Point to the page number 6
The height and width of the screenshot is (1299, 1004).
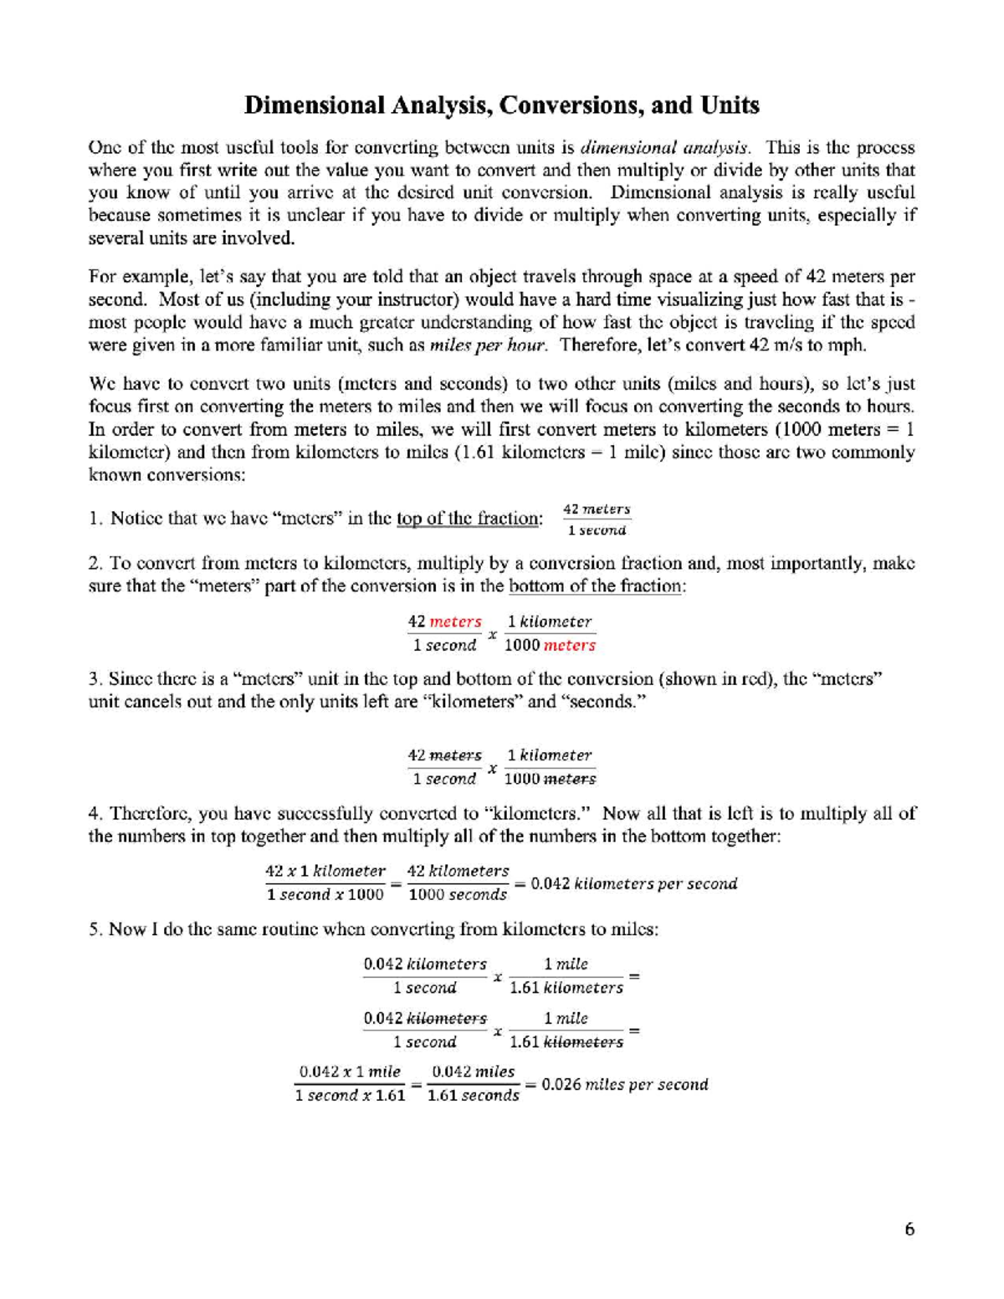click(909, 1229)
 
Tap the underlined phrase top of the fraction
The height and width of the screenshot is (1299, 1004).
click(469, 519)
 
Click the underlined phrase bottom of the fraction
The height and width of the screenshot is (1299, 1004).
click(596, 586)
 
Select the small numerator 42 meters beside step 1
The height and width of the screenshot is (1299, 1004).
click(597, 509)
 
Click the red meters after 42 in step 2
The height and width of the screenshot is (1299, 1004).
click(455, 621)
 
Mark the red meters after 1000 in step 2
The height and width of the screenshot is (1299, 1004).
click(570, 645)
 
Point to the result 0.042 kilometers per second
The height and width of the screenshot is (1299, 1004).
click(634, 884)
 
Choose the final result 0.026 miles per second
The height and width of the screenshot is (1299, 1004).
click(625, 1085)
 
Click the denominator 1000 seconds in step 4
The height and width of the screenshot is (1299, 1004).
click(458, 895)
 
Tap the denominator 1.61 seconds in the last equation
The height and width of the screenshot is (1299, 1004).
click(473, 1096)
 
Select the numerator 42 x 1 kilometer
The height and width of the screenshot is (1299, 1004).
click(325, 871)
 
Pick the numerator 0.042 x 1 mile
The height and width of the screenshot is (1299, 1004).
click(350, 1071)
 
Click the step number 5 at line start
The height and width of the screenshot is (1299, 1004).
click(95, 929)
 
